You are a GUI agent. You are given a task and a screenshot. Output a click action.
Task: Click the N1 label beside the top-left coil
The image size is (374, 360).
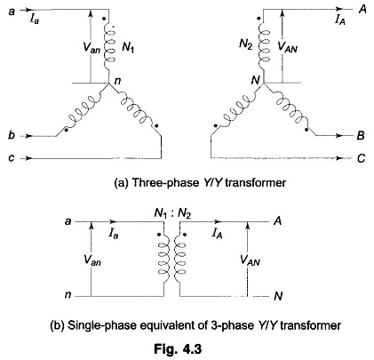(128, 47)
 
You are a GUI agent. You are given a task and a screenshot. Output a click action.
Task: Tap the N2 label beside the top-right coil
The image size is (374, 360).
(246, 44)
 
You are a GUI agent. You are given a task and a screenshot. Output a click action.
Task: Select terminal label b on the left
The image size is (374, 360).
(12, 135)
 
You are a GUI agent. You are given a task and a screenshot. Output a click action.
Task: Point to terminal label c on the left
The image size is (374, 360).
(12, 158)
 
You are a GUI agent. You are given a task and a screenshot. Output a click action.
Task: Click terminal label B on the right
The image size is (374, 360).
(361, 136)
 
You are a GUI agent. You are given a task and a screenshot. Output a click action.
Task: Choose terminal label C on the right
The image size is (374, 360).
(361, 159)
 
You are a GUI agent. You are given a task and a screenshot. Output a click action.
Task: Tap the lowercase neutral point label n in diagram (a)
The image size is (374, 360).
(117, 81)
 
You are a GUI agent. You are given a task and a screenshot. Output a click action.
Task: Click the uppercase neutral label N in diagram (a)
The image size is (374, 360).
(255, 80)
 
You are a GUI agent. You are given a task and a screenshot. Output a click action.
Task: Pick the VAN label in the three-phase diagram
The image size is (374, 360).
(287, 47)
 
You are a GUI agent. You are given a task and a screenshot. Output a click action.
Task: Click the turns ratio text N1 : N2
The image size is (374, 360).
(172, 213)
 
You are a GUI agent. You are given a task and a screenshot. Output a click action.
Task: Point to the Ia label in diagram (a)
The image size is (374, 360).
(34, 20)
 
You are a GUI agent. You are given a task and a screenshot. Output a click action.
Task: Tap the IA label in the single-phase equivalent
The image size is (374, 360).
(217, 234)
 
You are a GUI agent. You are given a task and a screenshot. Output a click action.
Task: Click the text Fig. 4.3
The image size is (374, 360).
(178, 348)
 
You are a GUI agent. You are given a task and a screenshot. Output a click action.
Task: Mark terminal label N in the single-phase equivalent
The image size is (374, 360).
(278, 296)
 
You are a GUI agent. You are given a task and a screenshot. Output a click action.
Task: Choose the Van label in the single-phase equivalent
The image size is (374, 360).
(92, 260)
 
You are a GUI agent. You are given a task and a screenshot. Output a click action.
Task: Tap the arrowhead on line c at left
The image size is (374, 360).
(28, 158)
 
